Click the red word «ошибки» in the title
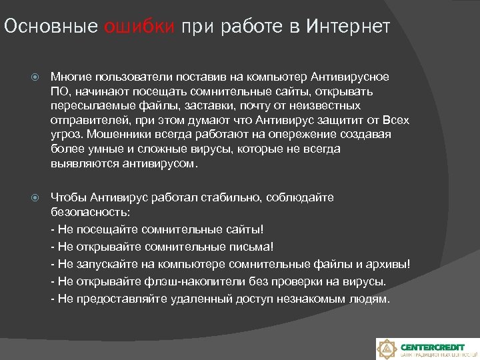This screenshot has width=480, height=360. [139, 27]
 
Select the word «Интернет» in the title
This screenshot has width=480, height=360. [349, 27]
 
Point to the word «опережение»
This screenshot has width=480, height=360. [296, 135]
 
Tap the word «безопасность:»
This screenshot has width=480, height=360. [91, 212]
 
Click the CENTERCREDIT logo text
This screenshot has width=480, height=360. [433, 346]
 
